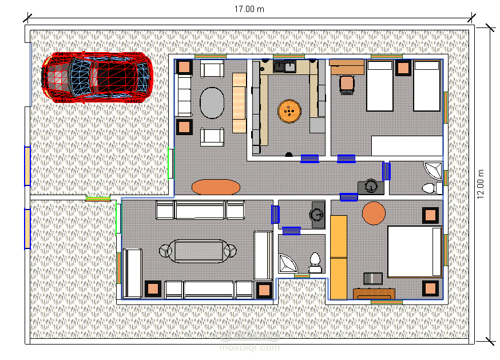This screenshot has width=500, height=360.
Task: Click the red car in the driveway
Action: [97, 78]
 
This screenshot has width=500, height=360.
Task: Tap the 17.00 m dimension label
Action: [249, 9]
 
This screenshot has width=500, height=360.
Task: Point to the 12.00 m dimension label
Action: [480, 184]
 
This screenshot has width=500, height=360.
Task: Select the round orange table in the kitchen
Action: [289, 111]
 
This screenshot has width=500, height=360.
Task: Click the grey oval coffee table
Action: [212, 103]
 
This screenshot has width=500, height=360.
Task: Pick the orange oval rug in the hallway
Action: [216, 187]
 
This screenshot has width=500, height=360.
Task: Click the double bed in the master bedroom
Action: [415, 252]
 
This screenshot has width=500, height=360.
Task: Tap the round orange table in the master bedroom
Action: [374, 213]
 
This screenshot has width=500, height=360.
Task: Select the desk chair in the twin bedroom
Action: [347, 85]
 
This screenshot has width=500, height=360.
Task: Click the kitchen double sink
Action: [284, 66]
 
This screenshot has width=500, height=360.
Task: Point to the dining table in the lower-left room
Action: [198, 251]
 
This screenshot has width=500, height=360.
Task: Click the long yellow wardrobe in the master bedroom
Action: [338, 258]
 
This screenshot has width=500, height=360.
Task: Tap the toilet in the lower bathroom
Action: [315, 263]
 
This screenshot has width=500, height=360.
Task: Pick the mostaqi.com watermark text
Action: [249, 347]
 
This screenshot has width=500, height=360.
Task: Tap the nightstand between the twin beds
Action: [403, 68]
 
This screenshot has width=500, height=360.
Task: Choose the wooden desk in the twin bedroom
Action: [347, 67]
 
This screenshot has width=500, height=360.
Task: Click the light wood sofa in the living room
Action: [239, 103]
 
